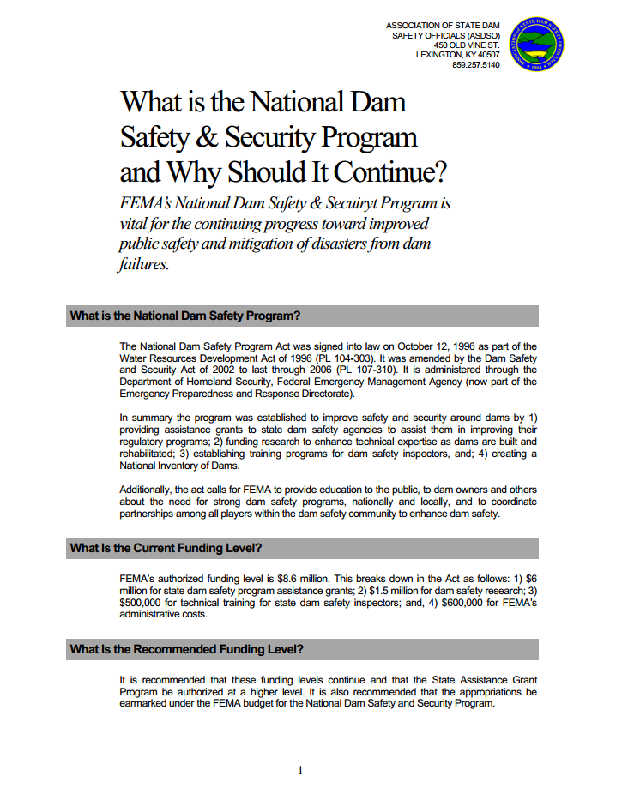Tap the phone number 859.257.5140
[x=475, y=66]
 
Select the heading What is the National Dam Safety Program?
[x=185, y=316]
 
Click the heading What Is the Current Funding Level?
[x=166, y=548]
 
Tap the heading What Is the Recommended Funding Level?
[x=187, y=649]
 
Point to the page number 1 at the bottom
[x=300, y=771]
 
